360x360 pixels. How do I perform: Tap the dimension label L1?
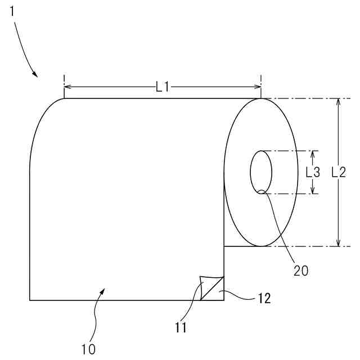click(163, 87)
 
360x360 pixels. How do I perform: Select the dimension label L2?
click(339, 172)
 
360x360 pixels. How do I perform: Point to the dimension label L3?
click(313, 172)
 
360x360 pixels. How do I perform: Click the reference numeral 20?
click(301, 271)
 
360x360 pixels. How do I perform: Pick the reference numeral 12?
click(264, 299)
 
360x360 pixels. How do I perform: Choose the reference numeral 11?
click(181, 327)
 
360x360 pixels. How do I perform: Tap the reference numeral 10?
click(88, 350)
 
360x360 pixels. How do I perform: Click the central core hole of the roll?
click(261, 172)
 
